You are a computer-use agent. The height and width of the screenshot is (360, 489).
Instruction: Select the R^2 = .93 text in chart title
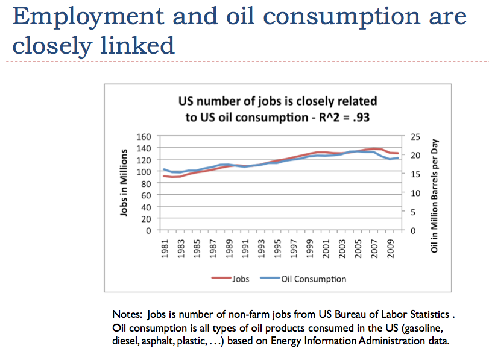(346, 116)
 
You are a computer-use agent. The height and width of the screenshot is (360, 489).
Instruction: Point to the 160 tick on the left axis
(142, 136)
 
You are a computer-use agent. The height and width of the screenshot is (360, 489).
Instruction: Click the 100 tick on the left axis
(142, 172)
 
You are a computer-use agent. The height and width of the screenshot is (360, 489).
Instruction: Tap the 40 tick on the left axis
(145, 207)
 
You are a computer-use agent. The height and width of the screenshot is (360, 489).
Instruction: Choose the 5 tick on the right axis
(412, 212)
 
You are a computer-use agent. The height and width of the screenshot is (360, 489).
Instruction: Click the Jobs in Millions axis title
(124, 183)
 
